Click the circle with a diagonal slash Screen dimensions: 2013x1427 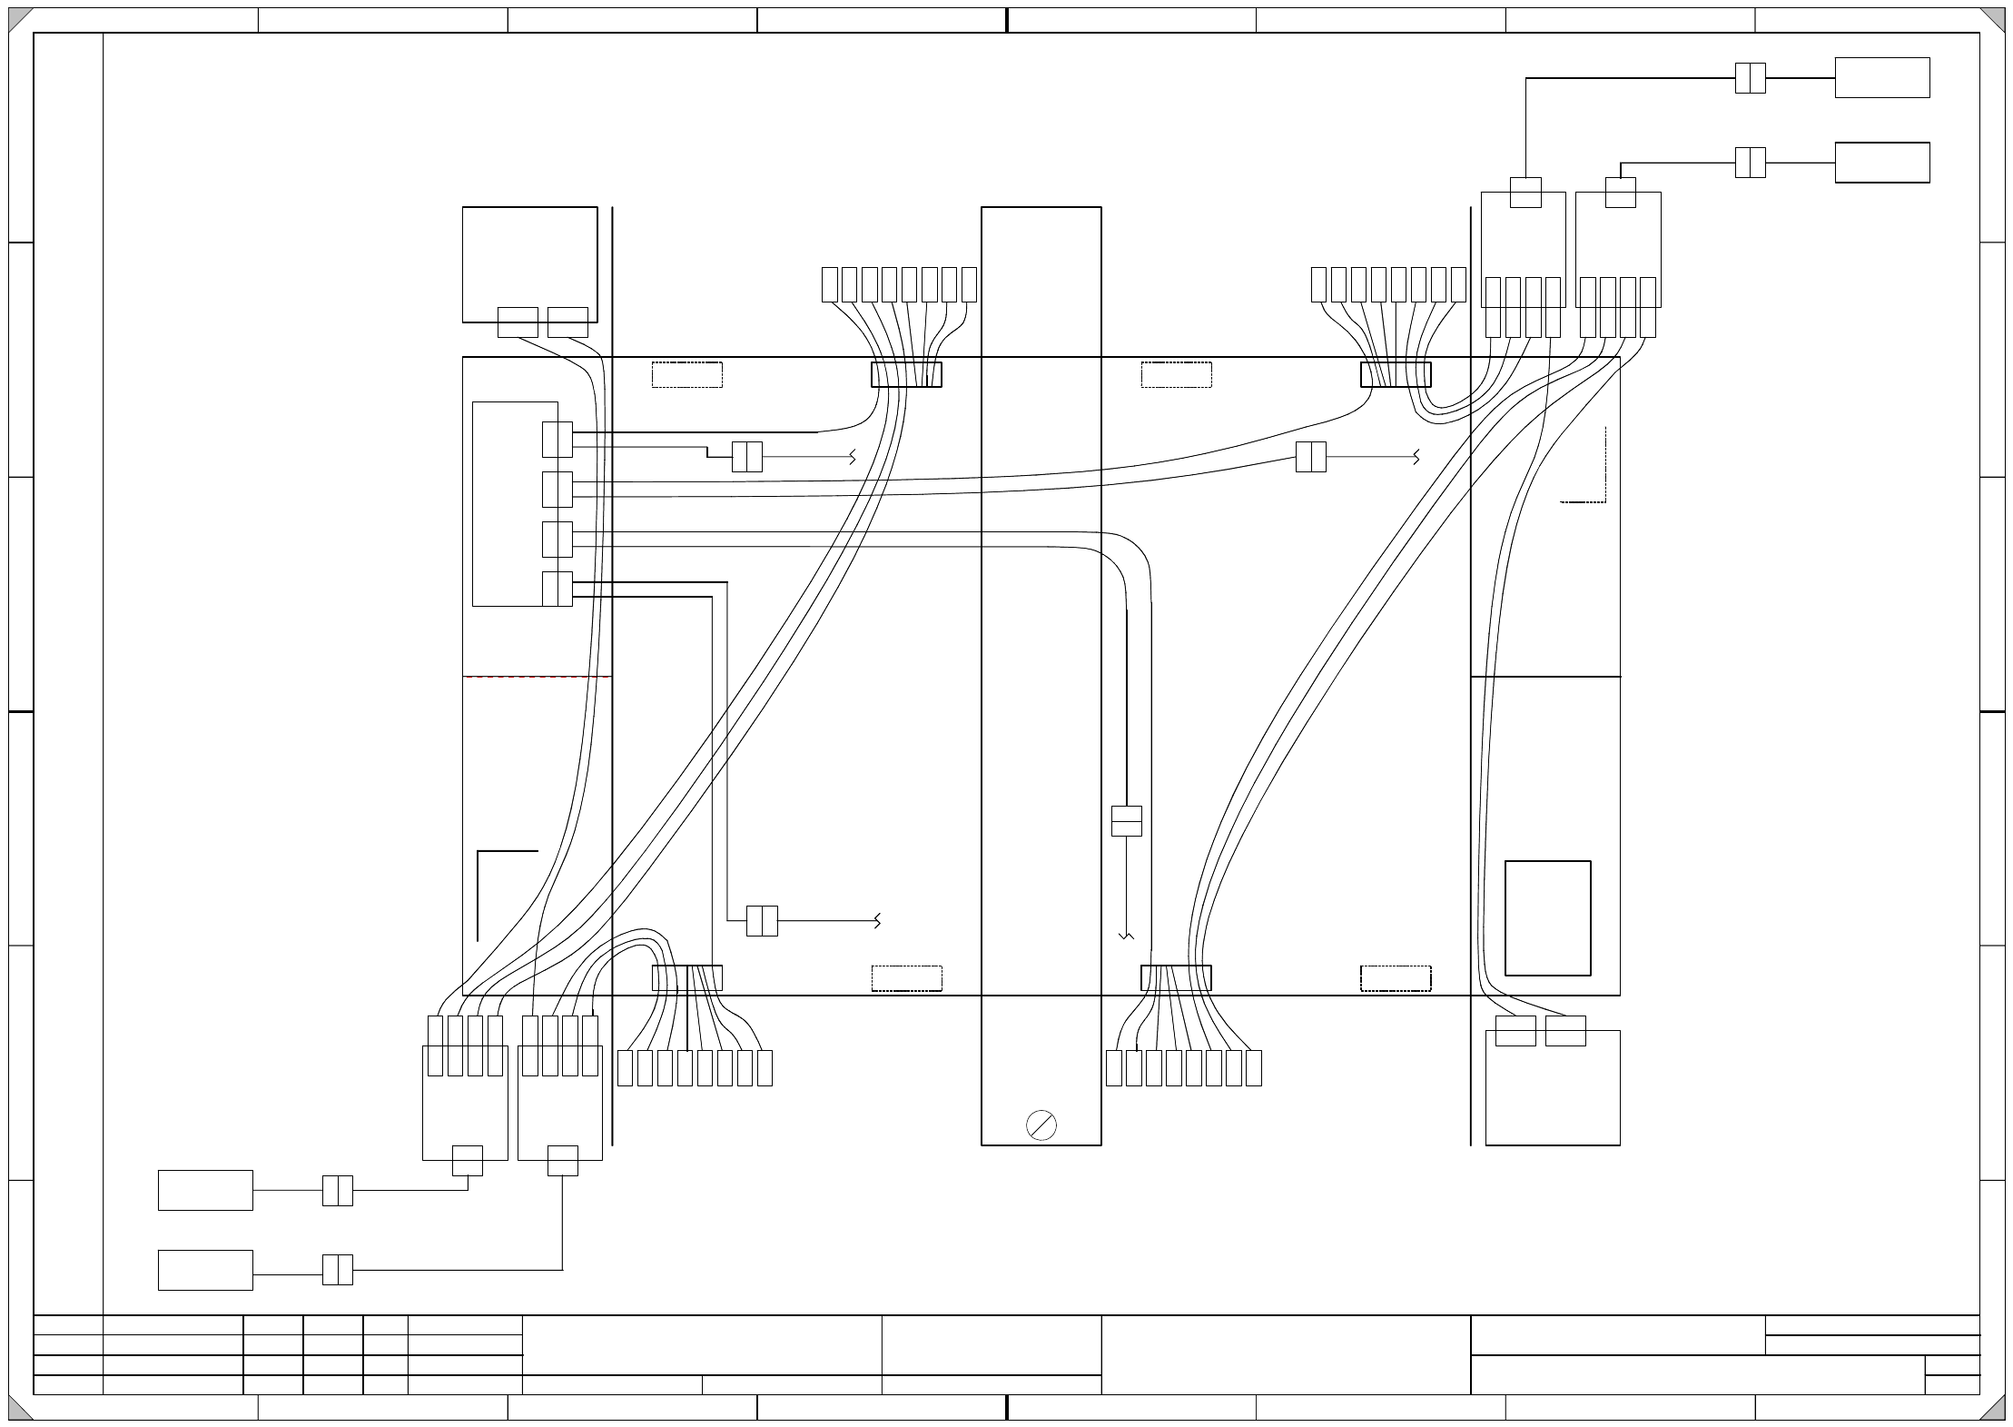(x=1041, y=1125)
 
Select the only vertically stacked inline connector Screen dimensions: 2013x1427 (x=1126, y=820)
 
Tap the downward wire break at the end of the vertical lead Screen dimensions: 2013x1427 (x=1126, y=936)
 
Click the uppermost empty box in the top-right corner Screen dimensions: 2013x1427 (x=1881, y=77)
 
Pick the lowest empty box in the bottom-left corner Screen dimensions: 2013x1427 (x=205, y=1270)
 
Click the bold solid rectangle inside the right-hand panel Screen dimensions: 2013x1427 (x=1547, y=917)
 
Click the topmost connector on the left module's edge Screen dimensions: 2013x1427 (x=557, y=440)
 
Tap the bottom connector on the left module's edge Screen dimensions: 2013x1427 (x=557, y=589)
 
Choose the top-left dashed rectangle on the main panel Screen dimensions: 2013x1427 (x=686, y=374)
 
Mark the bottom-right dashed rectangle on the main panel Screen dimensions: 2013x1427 (x=1396, y=978)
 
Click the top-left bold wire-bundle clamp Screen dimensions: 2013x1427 (x=906, y=374)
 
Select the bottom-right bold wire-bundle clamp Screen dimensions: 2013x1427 (x=1176, y=978)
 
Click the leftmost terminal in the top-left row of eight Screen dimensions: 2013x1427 (x=829, y=284)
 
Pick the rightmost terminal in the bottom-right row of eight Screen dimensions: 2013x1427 (x=1253, y=1068)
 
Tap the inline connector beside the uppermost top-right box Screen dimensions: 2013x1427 (x=1750, y=78)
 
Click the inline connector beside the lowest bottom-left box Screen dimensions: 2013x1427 (x=337, y=1270)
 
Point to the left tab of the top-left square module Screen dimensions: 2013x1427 (x=518, y=322)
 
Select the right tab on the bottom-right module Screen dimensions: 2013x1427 (x=1565, y=1031)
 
